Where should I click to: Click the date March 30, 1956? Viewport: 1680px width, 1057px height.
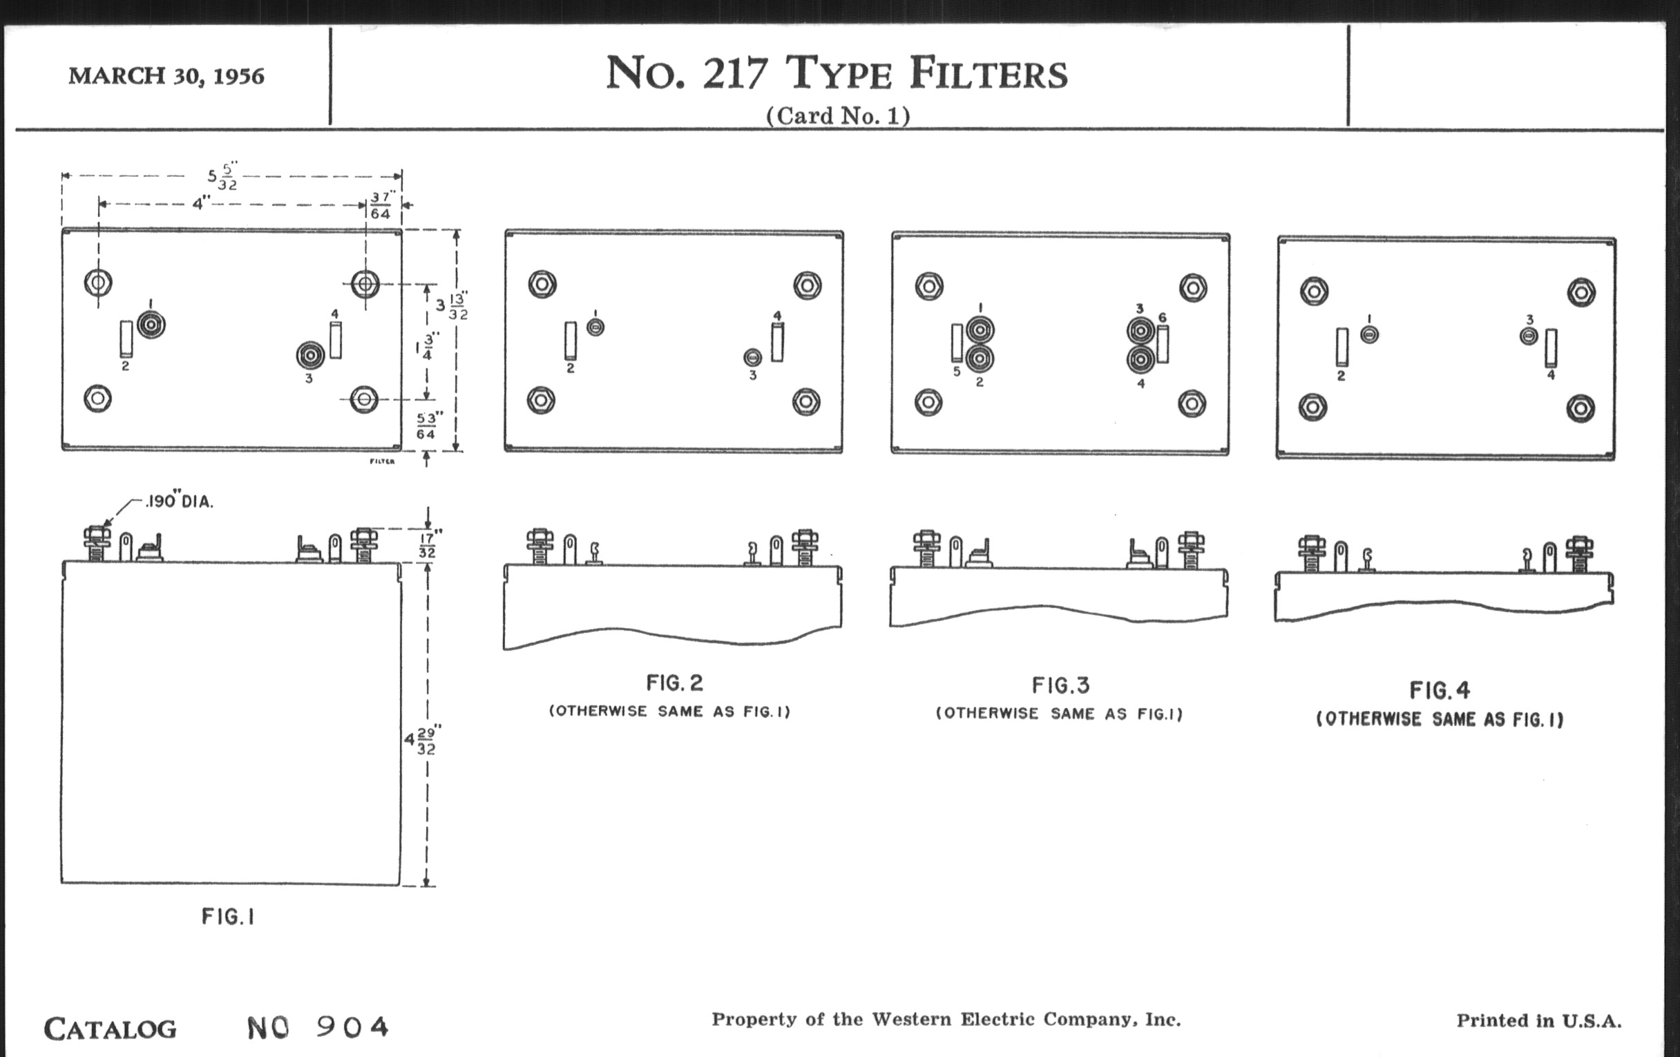(166, 75)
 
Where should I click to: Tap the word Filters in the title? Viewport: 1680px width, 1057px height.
(988, 74)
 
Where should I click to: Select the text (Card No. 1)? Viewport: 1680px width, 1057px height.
(838, 116)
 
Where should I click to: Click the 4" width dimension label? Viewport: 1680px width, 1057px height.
(201, 204)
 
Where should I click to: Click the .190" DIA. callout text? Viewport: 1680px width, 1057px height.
(180, 502)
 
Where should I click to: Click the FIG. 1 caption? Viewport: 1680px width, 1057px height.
(228, 917)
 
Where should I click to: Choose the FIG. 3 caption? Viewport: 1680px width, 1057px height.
(1060, 686)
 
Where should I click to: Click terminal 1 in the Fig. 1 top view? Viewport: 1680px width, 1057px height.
(151, 325)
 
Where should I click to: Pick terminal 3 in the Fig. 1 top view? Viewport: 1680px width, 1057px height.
(309, 355)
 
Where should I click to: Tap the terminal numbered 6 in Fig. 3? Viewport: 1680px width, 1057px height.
(1163, 345)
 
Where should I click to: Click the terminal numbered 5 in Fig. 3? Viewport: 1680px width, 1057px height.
(957, 343)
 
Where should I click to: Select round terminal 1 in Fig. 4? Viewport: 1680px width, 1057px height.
(1370, 335)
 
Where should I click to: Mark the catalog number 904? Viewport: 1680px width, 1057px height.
(352, 1027)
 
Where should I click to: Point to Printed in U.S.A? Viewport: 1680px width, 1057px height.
(1538, 1020)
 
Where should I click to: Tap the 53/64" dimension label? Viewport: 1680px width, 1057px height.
(426, 426)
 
